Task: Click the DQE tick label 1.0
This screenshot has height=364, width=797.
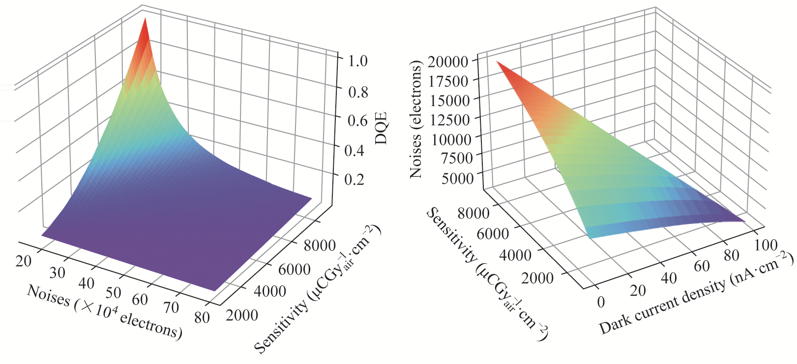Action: [357, 61]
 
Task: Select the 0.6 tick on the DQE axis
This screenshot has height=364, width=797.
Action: [357, 120]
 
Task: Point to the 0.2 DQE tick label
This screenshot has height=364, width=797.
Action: [354, 179]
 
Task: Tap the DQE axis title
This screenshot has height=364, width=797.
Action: [381, 128]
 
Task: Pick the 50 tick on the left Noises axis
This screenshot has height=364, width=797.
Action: [113, 292]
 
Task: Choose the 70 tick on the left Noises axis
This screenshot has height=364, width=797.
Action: [171, 308]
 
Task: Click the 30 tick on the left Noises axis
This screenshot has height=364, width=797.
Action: [57, 273]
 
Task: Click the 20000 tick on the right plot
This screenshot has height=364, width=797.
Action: [447, 61]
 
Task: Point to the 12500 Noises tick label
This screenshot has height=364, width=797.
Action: [450, 119]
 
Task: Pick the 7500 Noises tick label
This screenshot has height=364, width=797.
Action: [457, 158]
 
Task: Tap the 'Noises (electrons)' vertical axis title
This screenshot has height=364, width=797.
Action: [416, 119]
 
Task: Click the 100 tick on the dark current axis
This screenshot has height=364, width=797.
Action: [766, 245]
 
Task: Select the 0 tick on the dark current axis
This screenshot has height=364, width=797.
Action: [601, 302]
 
